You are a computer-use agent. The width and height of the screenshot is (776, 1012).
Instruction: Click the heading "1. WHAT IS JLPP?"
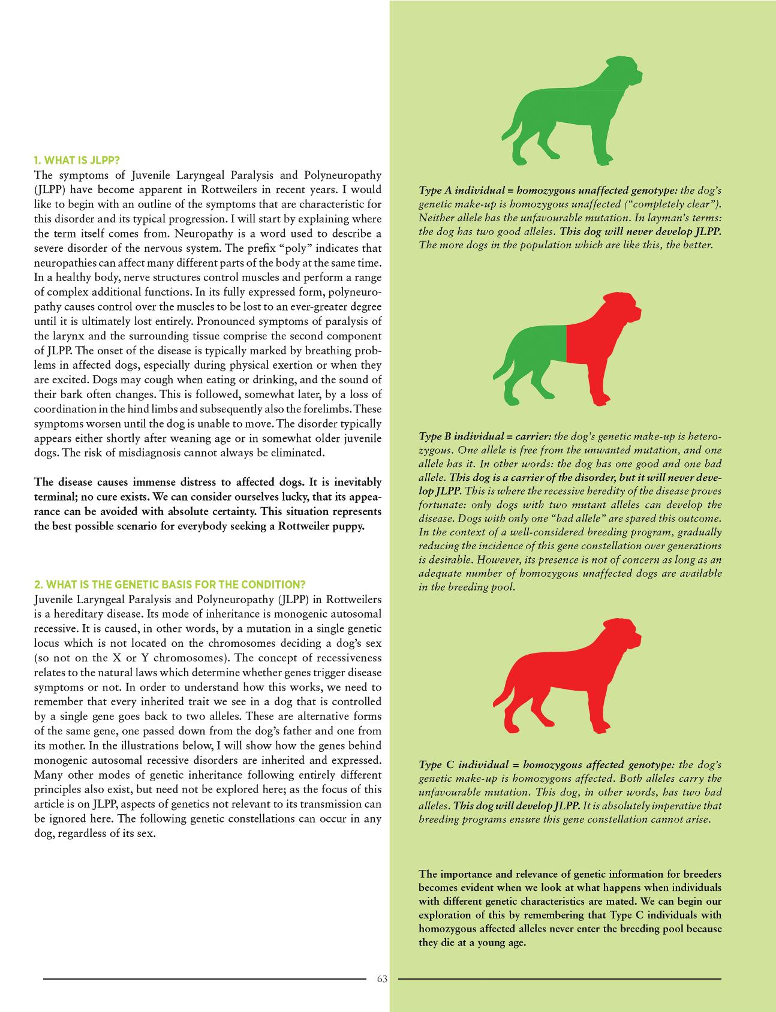[77, 160]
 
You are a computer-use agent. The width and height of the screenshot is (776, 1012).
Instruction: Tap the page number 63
[383, 978]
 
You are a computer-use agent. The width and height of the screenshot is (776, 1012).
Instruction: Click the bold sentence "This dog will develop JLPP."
[511, 806]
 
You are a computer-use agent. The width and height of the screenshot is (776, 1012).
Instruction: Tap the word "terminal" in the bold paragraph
[55, 497]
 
